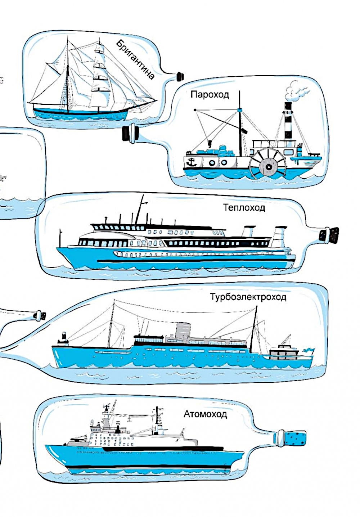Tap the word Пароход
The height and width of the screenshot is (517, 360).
point(210,95)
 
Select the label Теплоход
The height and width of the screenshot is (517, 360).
point(244,208)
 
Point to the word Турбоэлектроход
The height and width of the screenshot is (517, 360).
point(248,297)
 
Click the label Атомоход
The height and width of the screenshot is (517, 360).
point(205,414)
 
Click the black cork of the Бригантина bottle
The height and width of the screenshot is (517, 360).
point(180,76)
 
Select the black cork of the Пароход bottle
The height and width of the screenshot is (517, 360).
point(128,133)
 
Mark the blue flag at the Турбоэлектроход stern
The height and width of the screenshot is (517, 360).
point(309,349)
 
